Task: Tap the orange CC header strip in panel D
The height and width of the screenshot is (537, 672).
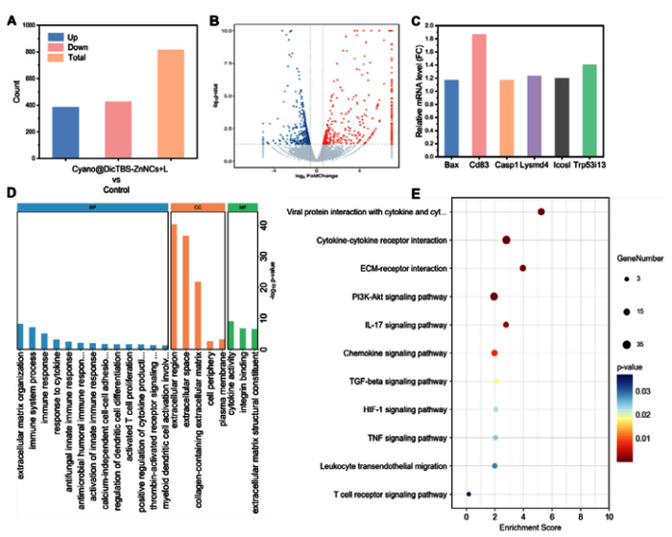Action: (x=197, y=207)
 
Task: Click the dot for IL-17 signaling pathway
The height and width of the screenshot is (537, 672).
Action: (x=506, y=325)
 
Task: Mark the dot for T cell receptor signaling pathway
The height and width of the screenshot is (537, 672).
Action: (x=468, y=495)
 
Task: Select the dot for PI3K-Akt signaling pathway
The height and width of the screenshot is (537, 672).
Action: (x=494, y=297)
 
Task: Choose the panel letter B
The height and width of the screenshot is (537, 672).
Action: (x=214, y=19)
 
